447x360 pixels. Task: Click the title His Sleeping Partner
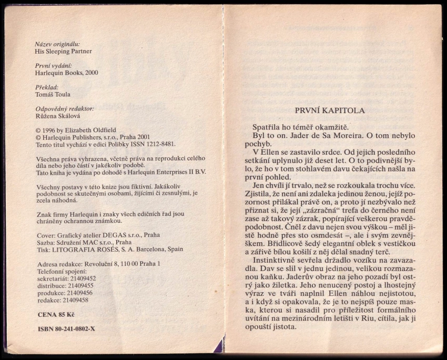(63, 52)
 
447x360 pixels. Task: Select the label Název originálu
(57, 44)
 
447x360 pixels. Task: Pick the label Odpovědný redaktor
(64, 108)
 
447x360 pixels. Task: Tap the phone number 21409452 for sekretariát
(83, 278)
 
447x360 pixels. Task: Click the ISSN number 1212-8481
(159, 144)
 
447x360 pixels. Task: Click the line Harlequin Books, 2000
(66, 73)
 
